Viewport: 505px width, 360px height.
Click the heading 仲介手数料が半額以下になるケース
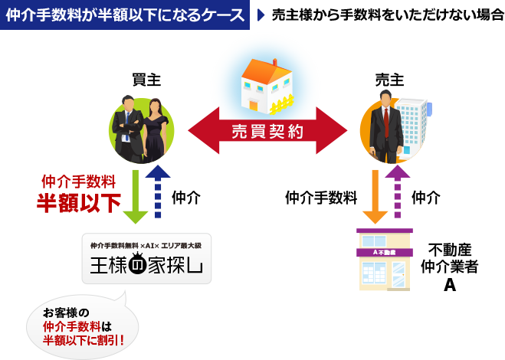[125, 15]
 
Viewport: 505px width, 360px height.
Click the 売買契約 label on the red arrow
[267, 131]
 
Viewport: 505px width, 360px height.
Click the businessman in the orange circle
[385, 126]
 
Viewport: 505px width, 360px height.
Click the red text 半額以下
[79, 203]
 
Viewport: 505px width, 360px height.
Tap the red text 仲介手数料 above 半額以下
[78, 182]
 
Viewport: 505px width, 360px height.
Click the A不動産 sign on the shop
[384, 251]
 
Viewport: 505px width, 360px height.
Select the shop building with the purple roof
[384, 260]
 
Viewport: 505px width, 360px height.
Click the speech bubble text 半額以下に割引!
[83, 339]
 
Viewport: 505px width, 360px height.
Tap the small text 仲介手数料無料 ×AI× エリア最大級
[146, 245]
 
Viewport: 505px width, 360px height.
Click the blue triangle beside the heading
[261, 15]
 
